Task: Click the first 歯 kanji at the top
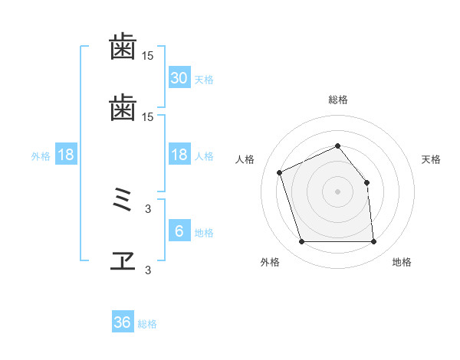pyautogui.click(x=123, y=47)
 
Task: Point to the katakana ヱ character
pyautogui.click(x=123, y=261)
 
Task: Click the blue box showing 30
pyautogui.click(x=179, y=78)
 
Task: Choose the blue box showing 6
pyautogui.click(x=179, y=231)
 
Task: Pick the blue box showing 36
pyautogui.click(x=123, y=322)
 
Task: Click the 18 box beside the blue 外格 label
pyautogui.click(x=66, y=155)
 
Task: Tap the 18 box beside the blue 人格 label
pyautogui.click(x=179, y=155)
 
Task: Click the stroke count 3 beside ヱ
pyautogui.click(x=148, y=270)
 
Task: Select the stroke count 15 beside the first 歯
pyautogui.click(x=148, y=56)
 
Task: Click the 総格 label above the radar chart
pyautogui.click(x=338, y=100)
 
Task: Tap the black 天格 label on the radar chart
pyautogui.click(x=431, y=159)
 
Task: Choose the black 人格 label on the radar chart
pyautogui.click(x=245, y=159)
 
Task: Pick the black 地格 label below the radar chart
pyautogui.click(x=402, y=262)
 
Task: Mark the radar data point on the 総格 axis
pyautogui.click(x=338, y=146)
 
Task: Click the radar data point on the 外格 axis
pyautogui.click(x=301, y=242)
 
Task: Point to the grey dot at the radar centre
pyautogui.click(x=338, y=191)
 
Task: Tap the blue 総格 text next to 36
pyautogui.click(x=147, y=324)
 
